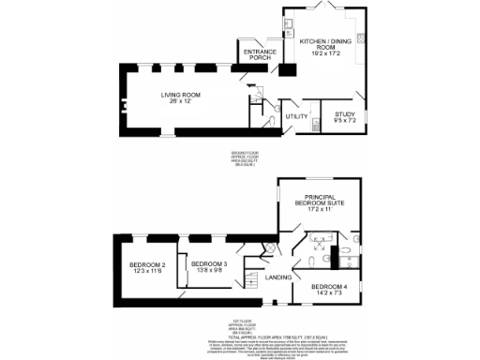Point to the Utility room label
(x=297, y=116)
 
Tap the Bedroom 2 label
(x=147, y=265)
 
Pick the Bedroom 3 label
(x=209, y=265)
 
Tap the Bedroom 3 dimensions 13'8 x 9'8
(x=209, y=272)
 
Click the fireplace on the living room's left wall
(x=121, y=99)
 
